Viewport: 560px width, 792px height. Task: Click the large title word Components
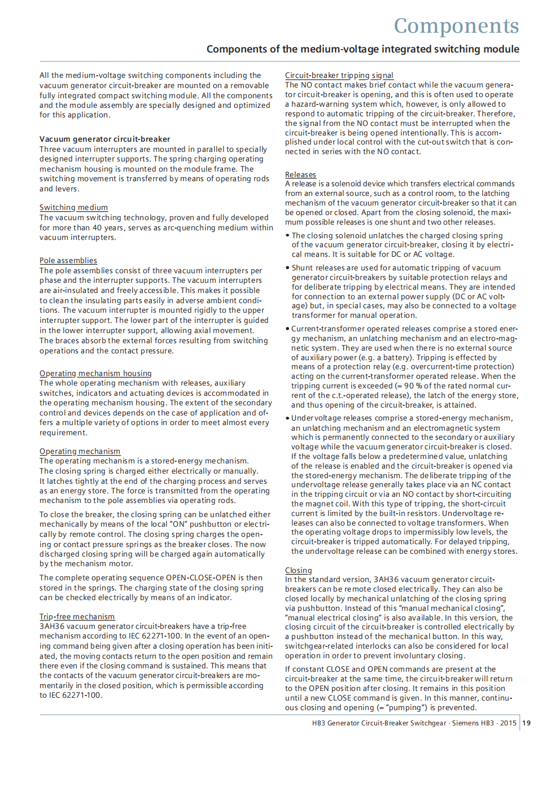pyautogui.click(x=456, y=26)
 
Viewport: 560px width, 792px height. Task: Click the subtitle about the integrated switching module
pyautogui.click(x=362, y=49)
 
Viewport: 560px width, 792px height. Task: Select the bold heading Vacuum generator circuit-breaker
pyautogui.click(x=104, y=139)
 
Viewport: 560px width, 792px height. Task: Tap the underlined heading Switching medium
pyautogui.click(x=73, y=208)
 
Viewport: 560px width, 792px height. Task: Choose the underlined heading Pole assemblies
pyautogui.click(x=68, y=261)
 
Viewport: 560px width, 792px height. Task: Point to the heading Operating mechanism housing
pyautogui.click(x=95, y=374)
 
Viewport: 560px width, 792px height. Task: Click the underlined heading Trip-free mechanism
pyautogui.click(x=77, y=617)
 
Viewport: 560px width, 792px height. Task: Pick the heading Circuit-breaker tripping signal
pyautogui.click(x=339, y=76)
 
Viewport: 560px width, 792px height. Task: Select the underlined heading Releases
pyautogui.click(x=300, y=175)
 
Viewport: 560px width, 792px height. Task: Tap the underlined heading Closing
pyautogui.click(x=298, y=571)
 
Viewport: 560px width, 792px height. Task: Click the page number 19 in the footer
pyautogui.click(x=526, y=723)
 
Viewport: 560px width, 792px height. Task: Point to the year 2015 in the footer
pyautogui.click(x=508, y=723)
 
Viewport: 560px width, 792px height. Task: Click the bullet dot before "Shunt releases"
pyautogui.click(x=288, y=268)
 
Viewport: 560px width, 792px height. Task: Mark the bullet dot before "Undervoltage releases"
pyautogui.click(x=287, y=418)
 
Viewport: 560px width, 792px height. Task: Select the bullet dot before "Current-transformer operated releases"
pyautogui.click(x=287, y=329)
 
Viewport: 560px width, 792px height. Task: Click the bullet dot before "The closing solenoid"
pyautogui.click(x=288, y=236)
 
